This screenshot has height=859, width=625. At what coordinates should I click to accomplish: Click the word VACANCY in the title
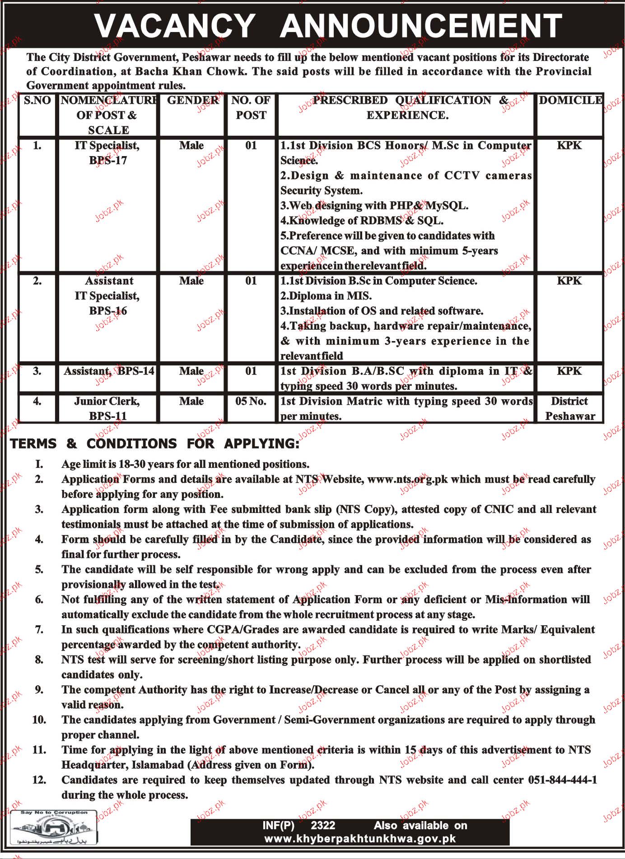[175, 26]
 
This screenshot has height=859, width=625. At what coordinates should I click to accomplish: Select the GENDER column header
[193, 100]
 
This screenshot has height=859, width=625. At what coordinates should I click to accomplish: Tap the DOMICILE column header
[570, 100]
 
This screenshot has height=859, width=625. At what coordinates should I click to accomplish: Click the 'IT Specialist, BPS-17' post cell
[108, 153]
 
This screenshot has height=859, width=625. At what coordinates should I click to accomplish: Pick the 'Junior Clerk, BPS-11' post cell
[107, 408]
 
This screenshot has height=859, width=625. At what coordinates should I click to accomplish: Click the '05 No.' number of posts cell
[251, 401]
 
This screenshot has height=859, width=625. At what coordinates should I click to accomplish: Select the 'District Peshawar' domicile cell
[570, 408]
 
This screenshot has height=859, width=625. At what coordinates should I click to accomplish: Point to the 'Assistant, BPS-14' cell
[109, 371]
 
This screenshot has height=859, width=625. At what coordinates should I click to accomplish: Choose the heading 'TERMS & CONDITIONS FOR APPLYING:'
[155, 443]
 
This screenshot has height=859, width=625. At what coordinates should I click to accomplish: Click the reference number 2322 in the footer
[323, 826]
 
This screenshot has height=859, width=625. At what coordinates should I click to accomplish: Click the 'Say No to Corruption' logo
[54, 829]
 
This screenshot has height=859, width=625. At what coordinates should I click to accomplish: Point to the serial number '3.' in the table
[37, 371]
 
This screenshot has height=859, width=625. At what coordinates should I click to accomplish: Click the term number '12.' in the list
[39, 780]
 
